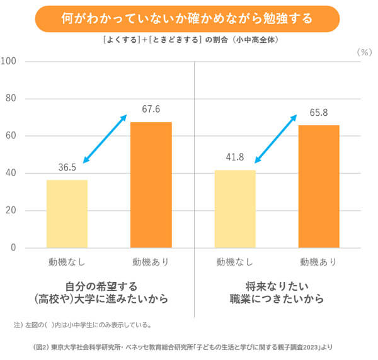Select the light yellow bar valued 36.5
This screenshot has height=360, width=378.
(67, 214)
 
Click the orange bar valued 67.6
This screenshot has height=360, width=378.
(151, 185)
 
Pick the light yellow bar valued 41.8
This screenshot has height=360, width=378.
(235, 209)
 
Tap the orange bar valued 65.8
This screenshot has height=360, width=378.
(319, 186)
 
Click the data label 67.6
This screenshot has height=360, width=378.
(151, 110)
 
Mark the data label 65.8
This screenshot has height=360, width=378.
(319, 114)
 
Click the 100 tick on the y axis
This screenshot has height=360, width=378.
(9, 62)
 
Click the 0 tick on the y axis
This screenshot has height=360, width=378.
(13, 248)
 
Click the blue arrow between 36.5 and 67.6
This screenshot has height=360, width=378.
(105, 139)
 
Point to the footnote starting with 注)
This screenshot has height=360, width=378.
(82, 325)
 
